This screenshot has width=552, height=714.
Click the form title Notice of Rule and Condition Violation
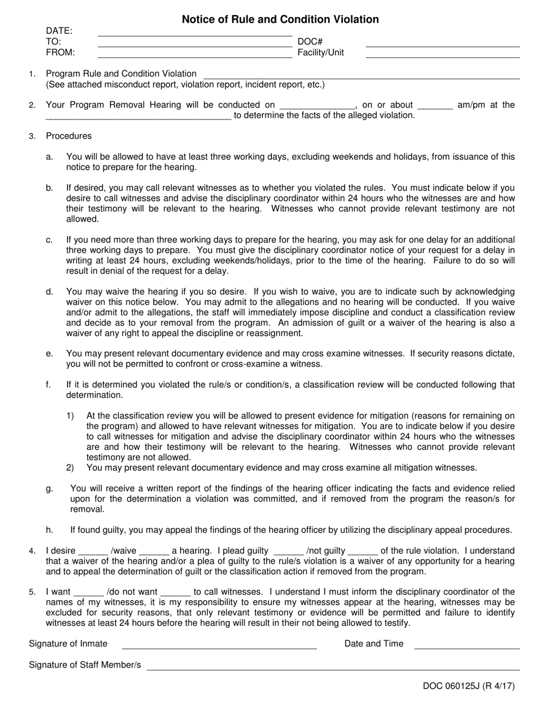[280, 19]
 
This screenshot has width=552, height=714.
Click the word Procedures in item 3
[69, 136]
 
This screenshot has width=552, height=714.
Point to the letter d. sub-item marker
[49, 291]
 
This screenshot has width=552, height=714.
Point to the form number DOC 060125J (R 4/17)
[468, 686]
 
